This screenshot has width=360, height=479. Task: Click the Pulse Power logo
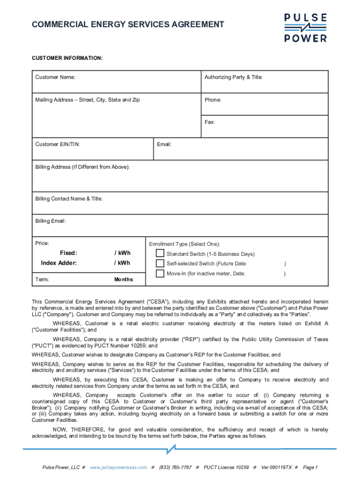[x=306, y=28]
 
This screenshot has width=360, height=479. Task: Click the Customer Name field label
[x=55, y=77]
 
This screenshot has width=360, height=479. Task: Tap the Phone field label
[x=213, y=100]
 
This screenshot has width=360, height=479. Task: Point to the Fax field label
[x=209, y=122]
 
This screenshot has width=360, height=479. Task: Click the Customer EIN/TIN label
[x=57, y=145]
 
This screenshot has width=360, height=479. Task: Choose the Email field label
[x=164, y=145]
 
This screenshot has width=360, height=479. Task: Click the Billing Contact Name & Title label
[x=69, y=199]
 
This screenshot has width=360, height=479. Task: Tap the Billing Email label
[x=50, y=221]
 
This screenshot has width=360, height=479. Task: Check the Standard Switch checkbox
[x=160, y=254]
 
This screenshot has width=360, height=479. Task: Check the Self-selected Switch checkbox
[x=160, y=264]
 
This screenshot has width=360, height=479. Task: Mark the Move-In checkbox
[x=160, y=274]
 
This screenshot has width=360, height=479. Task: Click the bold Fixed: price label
[x=68, y=253]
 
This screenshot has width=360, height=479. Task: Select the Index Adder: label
[x=59, y=263]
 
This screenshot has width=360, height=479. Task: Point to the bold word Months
[x=123, y=280]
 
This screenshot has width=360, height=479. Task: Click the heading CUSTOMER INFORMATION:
[x=67, y=58]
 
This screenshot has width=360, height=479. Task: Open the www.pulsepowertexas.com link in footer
[x=118, y=467]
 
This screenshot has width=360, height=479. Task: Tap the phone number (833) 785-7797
[x=175, y=467]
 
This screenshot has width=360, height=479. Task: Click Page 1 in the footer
[x=310, y=467]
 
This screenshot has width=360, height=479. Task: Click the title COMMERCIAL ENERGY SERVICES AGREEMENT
[x=128, y=25]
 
